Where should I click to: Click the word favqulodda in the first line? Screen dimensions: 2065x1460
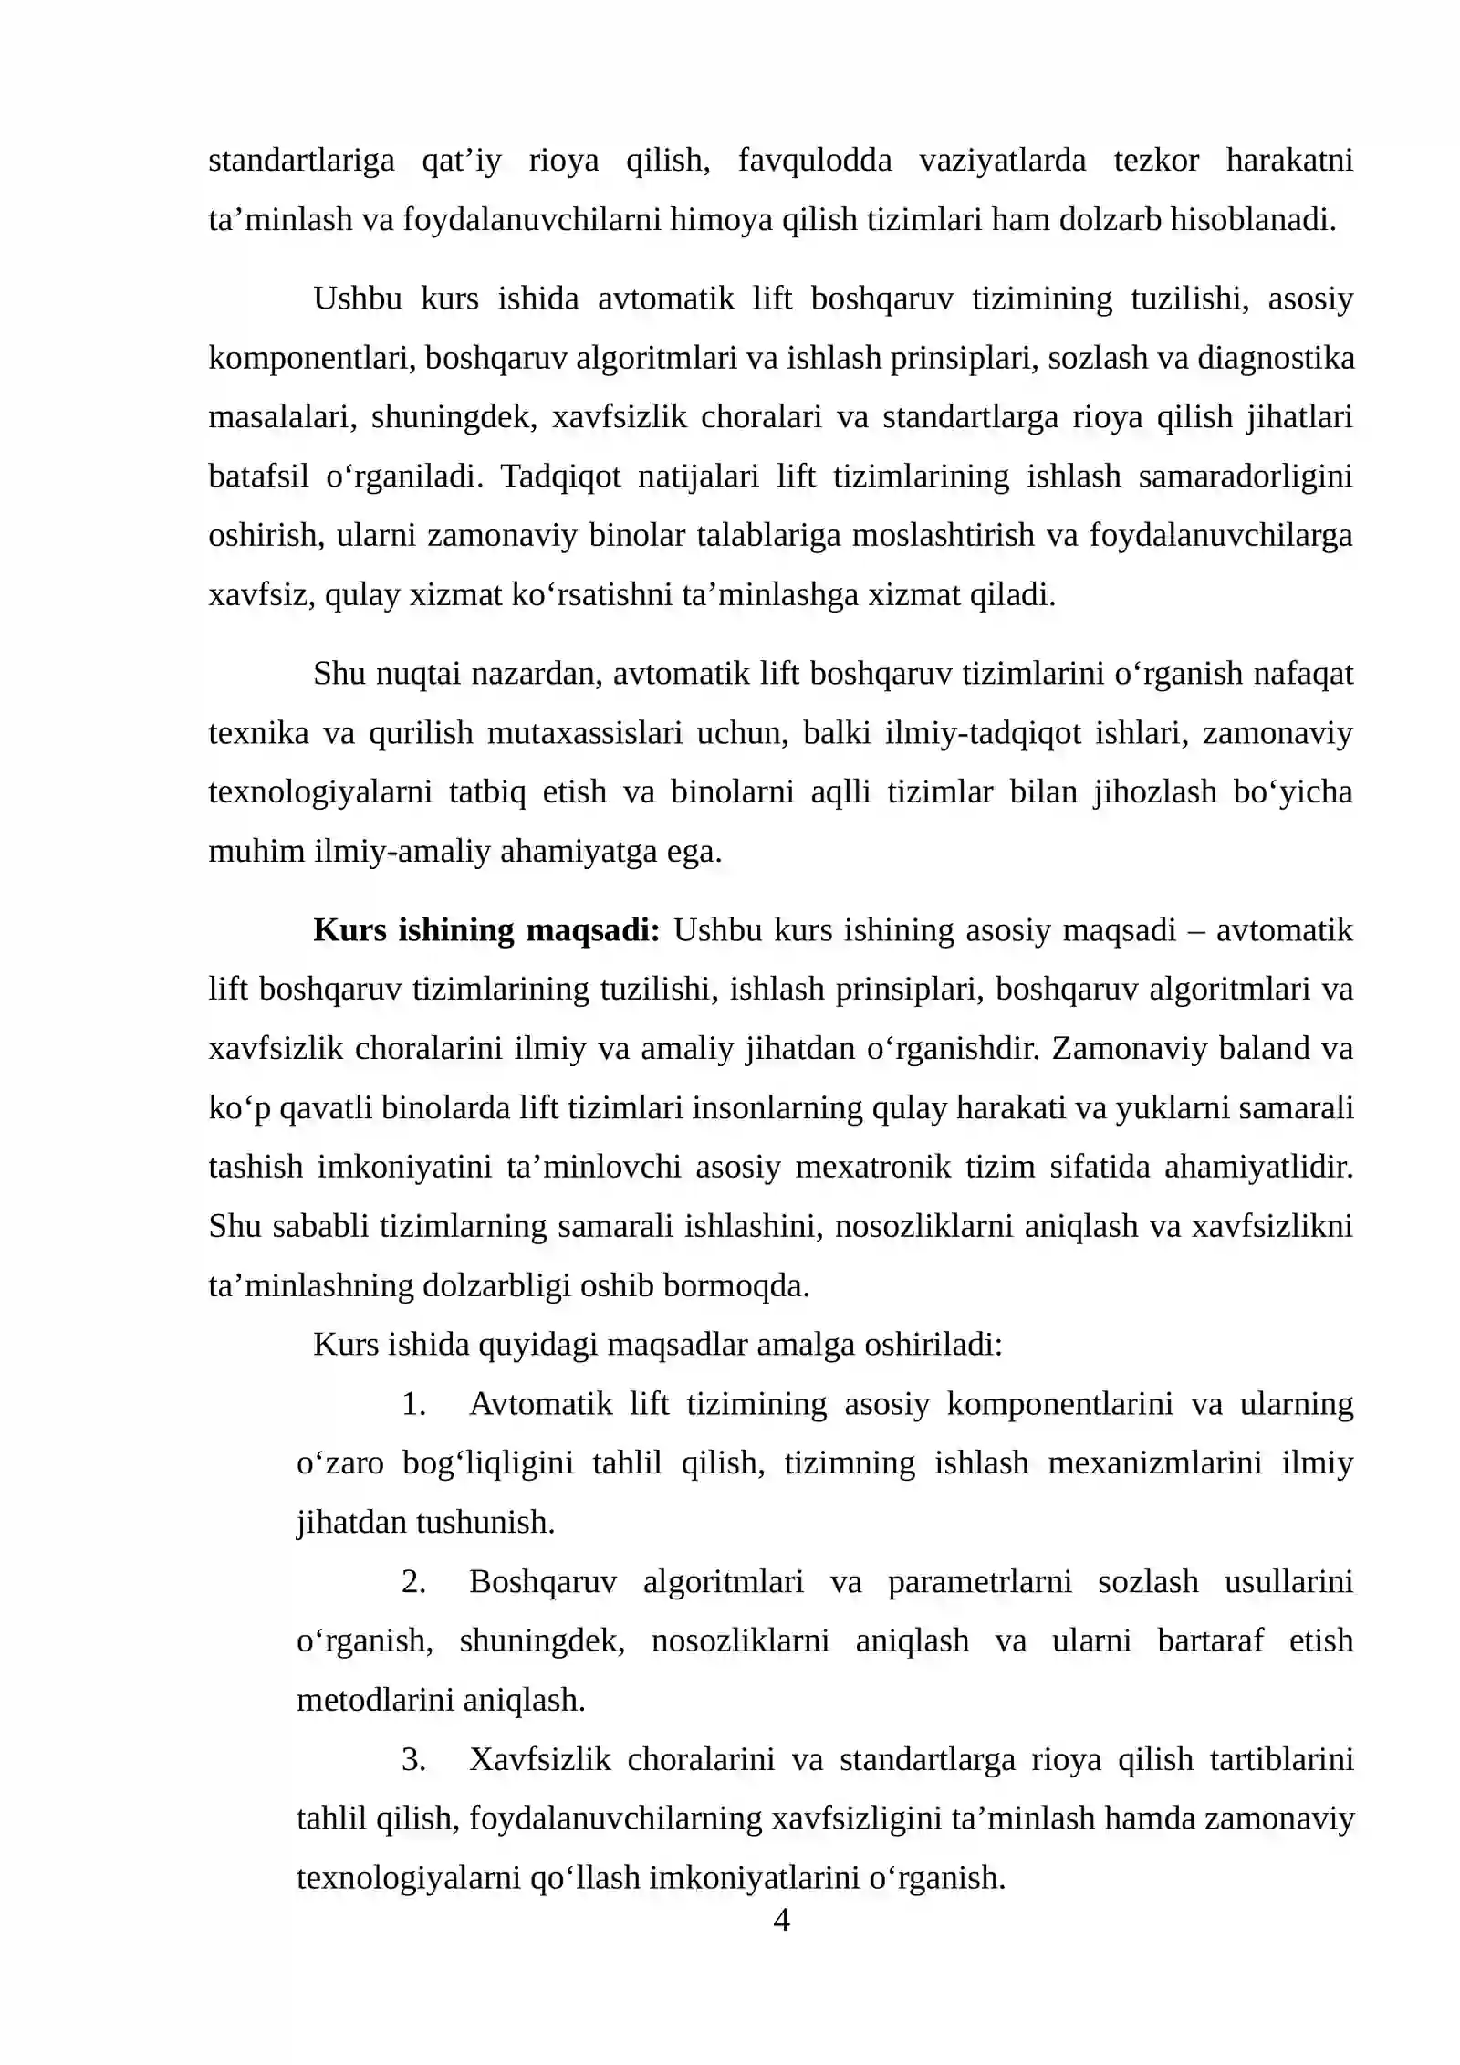814,161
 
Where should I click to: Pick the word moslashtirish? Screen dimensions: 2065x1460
944,536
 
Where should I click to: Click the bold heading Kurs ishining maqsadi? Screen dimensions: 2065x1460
485,930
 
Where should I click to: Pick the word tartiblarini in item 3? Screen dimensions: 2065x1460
1281,1759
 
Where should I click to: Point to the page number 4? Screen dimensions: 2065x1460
781,1920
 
